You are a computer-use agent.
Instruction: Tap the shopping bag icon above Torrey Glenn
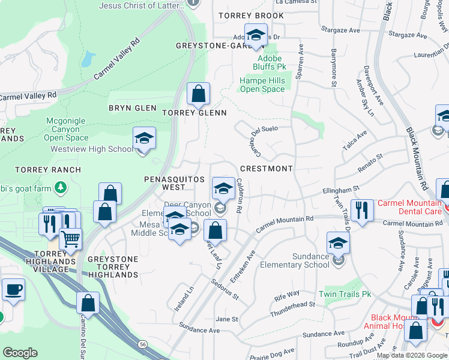click(198, 94)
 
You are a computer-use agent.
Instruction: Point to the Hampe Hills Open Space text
click(262, 85)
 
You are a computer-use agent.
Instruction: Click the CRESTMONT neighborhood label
click(267, 169)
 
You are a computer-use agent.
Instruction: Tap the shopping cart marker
click(71, 240)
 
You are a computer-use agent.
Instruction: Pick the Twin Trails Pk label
click(345, 294)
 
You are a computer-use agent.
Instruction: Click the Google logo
click(20, 353)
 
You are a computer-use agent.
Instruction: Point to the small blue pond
click(88, 58)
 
